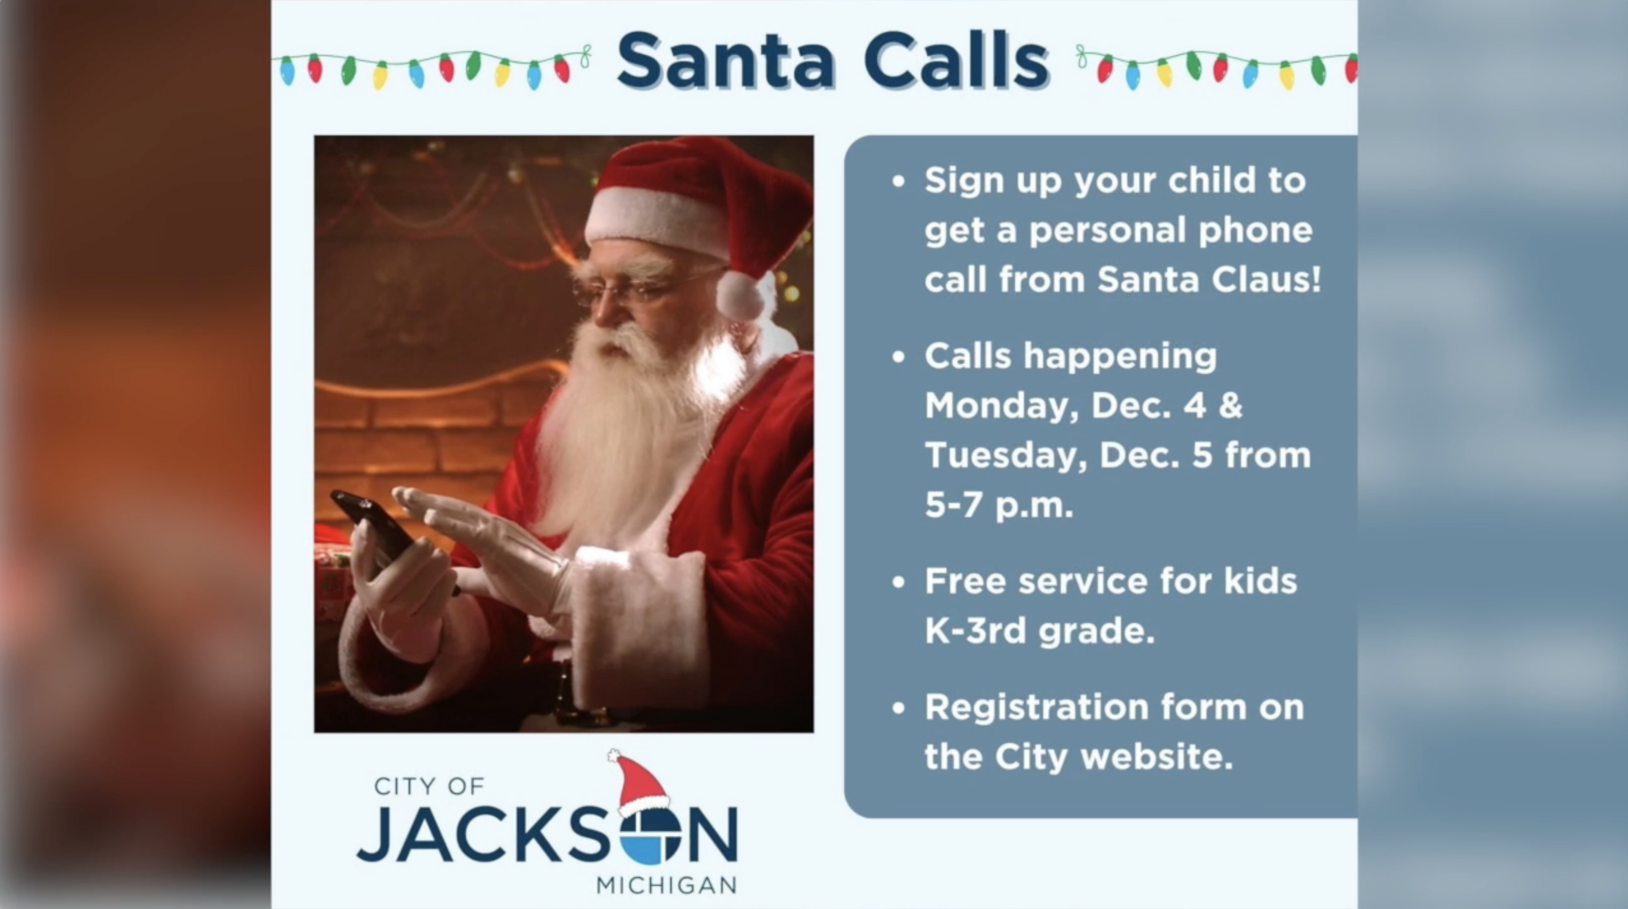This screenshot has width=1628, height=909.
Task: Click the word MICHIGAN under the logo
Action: tap(667, 885)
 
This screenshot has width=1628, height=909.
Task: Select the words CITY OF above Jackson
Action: tap(429, 786)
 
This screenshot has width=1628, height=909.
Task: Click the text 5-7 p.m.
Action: tap(999, 505)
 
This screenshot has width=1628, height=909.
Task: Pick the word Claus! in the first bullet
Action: tap(1265, 279)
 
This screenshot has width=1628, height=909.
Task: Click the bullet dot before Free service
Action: tap(899, 582)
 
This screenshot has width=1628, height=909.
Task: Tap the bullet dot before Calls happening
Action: tap(899, 356)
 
